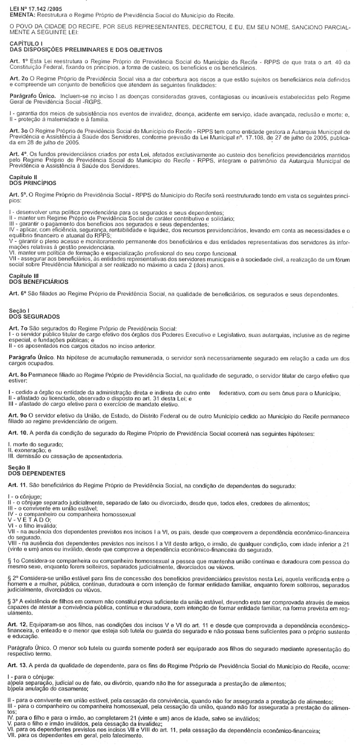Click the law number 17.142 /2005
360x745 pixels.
41,9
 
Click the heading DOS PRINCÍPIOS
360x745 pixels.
33,183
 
